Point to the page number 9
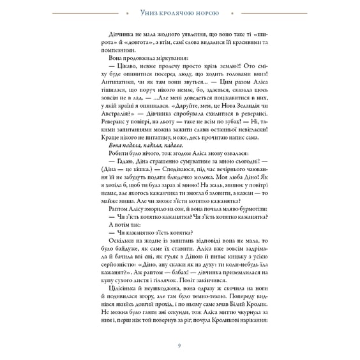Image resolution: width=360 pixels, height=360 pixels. [179, 345]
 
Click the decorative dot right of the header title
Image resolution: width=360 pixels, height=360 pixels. [230, 12]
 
